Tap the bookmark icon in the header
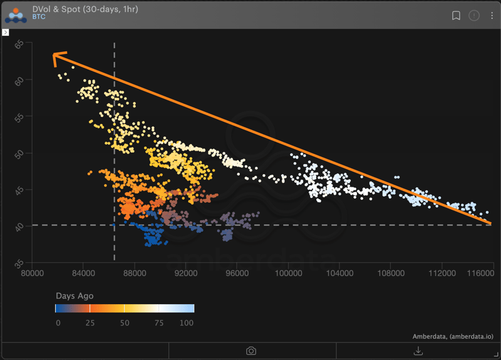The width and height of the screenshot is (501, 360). tap(456, 15)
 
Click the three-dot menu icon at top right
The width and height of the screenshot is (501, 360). tap(492, 15)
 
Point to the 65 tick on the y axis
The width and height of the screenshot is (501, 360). tap(19, 44)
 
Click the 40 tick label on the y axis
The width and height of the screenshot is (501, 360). tap(19, 225)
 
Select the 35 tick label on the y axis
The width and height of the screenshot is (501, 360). tap(19, 262)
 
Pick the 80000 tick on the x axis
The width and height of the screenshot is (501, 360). tap(33, 274)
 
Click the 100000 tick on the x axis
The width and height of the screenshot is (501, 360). tap(288, 274)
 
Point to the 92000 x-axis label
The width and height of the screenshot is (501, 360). tap(186, 274)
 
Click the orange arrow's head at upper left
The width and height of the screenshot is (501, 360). tap(54, 56)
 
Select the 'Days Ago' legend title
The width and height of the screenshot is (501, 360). tap(74, 296)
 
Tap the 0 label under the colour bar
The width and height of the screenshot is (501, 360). tap(58, 322)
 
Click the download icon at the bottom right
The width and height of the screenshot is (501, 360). tap(418, 351)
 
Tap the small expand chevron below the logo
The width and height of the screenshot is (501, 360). tap(6, 32)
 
